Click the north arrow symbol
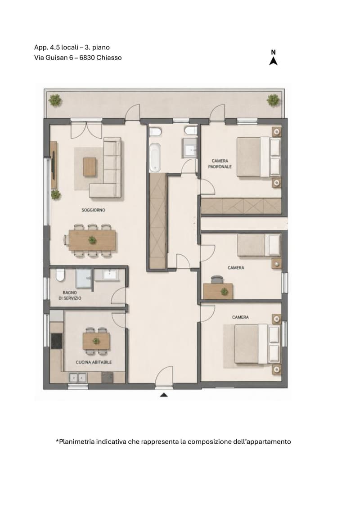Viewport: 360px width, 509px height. point(273,61)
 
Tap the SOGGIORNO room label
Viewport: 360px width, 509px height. point(93,210)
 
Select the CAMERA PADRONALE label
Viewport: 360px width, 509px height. point(220,164)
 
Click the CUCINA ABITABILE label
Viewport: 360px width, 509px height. point(94,362)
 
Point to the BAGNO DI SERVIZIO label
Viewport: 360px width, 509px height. point(70,295)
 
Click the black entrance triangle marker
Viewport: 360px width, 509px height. point(164,395)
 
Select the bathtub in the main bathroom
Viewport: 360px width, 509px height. point(155,158)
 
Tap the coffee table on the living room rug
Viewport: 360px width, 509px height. point(90,167)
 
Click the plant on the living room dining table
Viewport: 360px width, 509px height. point(93,240)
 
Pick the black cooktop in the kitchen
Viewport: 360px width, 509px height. point(57,341)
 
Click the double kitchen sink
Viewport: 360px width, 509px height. point(77,378)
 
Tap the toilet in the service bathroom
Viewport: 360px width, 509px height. point(60,275)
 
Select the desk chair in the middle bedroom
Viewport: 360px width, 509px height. point(217,279)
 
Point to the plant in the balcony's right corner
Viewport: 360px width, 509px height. point(273,100)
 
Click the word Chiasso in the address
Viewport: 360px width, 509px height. point(109,58)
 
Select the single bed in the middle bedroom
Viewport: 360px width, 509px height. point(259,245)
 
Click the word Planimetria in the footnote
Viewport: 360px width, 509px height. point(75,442)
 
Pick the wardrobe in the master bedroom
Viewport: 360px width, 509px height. point(241,206)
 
